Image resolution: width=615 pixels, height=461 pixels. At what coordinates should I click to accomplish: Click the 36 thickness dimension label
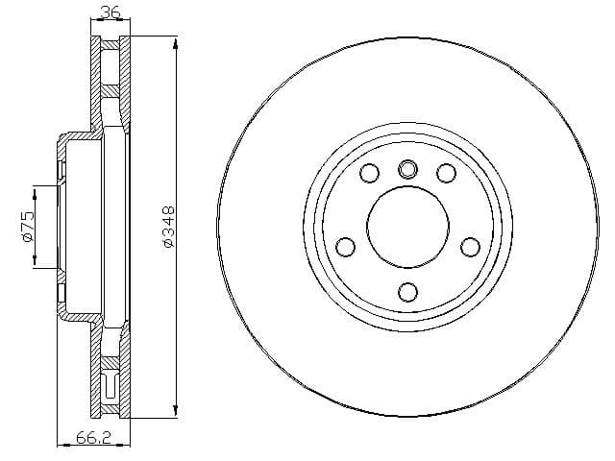pyautogui.click(x=110, y=12)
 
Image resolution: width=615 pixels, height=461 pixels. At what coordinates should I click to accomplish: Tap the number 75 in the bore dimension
pyautogui.click(x=28, y=221)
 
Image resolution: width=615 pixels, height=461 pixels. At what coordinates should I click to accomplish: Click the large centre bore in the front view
pyautogui.click(x=407, y=228)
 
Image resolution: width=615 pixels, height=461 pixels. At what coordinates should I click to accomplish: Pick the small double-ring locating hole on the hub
pyautogui.click(x=407, y=169)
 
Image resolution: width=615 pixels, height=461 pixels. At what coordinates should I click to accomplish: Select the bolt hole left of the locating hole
pyautogui.click(x=369, y=173)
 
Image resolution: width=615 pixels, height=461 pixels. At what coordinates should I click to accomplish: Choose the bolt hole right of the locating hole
pyautogui.click(x=446, y=173)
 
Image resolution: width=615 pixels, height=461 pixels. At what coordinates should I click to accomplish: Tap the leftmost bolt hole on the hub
pyautogui.click(x=346, y=247)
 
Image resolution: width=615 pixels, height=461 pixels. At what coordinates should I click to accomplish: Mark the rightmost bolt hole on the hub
pyautogui.click(x=470, y=247)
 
